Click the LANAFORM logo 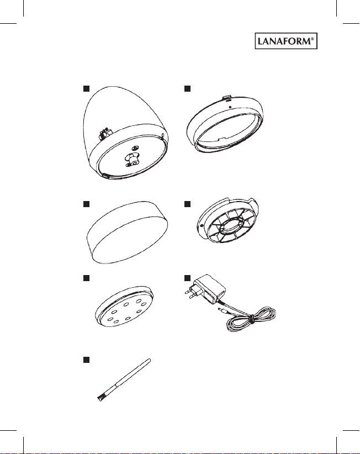(286, 41)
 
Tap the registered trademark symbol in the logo (312, 39)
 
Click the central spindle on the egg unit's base (131, 159)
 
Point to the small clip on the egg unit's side (104, 133)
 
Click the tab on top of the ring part (227, 98)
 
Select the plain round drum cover (128, 232)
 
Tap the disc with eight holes (124, 307)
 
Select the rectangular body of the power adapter (209, 289)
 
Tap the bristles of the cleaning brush (100, 398)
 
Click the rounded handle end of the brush (149, 361)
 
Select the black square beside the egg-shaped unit (86, 88)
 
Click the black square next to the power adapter (187, 278)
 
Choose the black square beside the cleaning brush (86, 360)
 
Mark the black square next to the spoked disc (187, 204)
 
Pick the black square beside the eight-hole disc (86, 278)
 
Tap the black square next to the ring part (187, 88)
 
